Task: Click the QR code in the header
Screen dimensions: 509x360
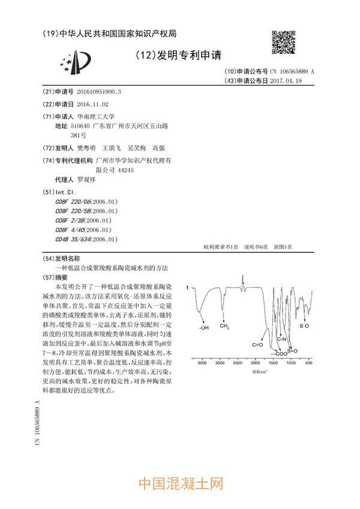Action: (284, 41)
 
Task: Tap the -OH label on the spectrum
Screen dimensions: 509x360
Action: (204, 327)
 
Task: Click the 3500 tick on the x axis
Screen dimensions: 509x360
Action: (202, 363)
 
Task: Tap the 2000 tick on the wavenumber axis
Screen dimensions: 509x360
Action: (255, 363)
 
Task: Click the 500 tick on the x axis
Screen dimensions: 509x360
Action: (308, 363)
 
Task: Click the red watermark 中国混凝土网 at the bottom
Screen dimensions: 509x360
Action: (181, 484)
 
